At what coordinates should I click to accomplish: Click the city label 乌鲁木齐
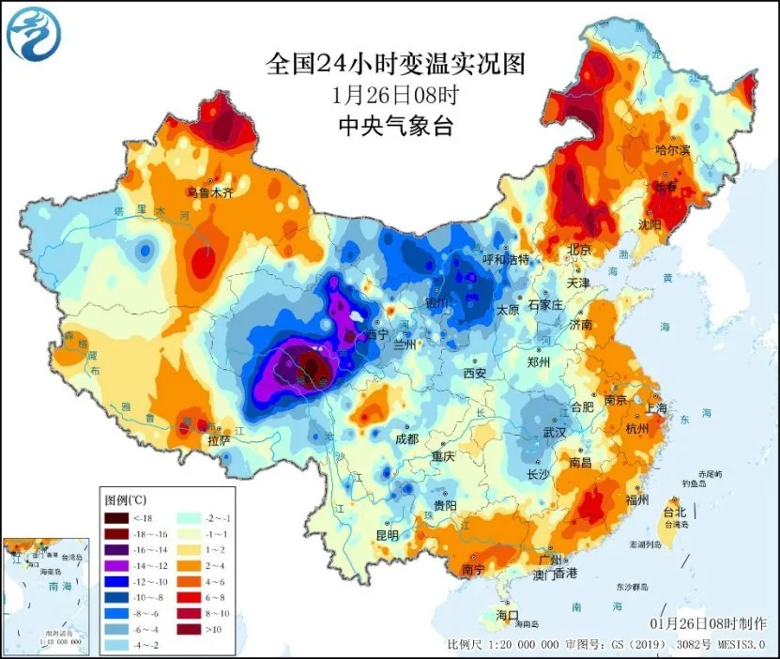pos(208,192)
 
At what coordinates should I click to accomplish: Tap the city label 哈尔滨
pos(672,149)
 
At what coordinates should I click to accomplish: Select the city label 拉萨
pos(219,438)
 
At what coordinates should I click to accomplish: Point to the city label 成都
pos(406,437)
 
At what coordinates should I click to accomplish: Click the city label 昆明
pos(387,535)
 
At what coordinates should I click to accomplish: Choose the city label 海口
pos(507,614)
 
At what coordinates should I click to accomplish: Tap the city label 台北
pos(675,513)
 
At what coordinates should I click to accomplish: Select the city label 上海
pos(655,408)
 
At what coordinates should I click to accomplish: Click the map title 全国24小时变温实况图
pos(394,64)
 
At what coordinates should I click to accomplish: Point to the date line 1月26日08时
pos(394,95)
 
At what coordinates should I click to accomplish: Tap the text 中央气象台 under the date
pos(394,126)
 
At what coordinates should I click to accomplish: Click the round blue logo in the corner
pos(31,33)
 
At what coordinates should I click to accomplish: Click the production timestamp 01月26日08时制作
pos(708,623)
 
